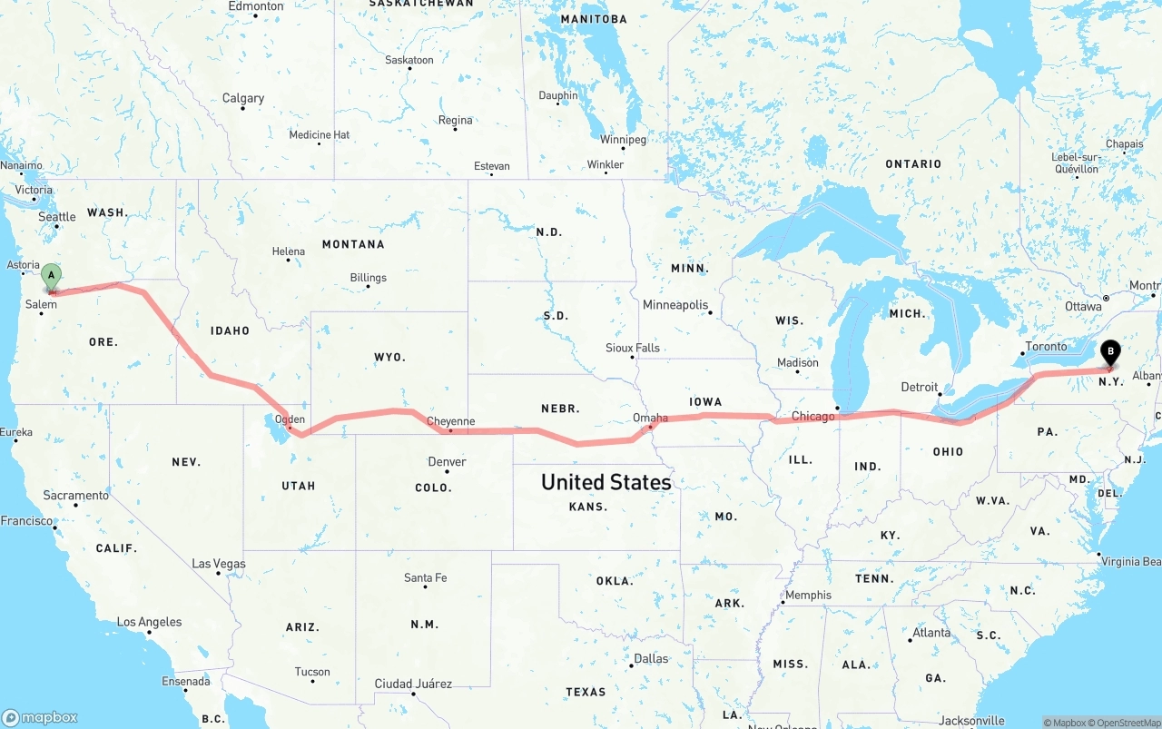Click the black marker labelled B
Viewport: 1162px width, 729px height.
[1110, 352]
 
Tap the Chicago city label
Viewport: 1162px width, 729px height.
[812, 417]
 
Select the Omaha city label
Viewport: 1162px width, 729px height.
[650, 418]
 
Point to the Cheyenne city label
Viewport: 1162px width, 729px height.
[450, 421]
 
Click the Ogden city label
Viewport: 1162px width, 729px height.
[290, 419]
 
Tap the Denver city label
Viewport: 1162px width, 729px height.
[447, 462]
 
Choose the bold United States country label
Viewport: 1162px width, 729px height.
[606, 482]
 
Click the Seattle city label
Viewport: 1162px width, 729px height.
[57, 217]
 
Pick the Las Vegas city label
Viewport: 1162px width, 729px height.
[219, 564]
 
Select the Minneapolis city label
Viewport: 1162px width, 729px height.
[675, 305]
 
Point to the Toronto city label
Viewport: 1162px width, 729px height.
[1046, 347]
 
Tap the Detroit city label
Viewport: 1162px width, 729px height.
[919, 388]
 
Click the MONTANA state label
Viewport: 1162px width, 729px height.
[353, 244]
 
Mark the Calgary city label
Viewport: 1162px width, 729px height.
[243, 98]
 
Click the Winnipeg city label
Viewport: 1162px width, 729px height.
[623, 140]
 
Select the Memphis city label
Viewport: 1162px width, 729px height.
[808, 596]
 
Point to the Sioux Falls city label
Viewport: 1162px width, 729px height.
[633, 348]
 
